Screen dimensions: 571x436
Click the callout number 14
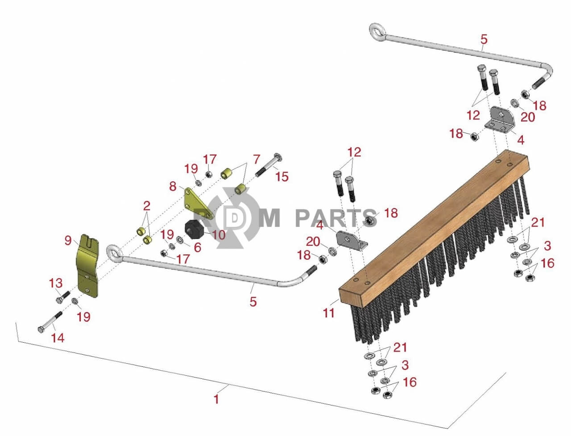pos(58,338)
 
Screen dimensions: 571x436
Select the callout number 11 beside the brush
pos(329,313)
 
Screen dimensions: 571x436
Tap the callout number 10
pos(219,235)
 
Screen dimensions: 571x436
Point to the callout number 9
pos(68,240)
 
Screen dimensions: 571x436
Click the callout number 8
pos(173,186)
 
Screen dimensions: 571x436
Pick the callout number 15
pos(282,176)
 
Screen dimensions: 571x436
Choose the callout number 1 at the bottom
pos(216,399)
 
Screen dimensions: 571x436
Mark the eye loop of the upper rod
pos(377,32)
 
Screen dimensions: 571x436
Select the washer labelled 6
pos(179,239)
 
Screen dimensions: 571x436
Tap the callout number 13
pos(56,283)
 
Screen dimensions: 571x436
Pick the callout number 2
pos(147,206)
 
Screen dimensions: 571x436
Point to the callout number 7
pos(257,159)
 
